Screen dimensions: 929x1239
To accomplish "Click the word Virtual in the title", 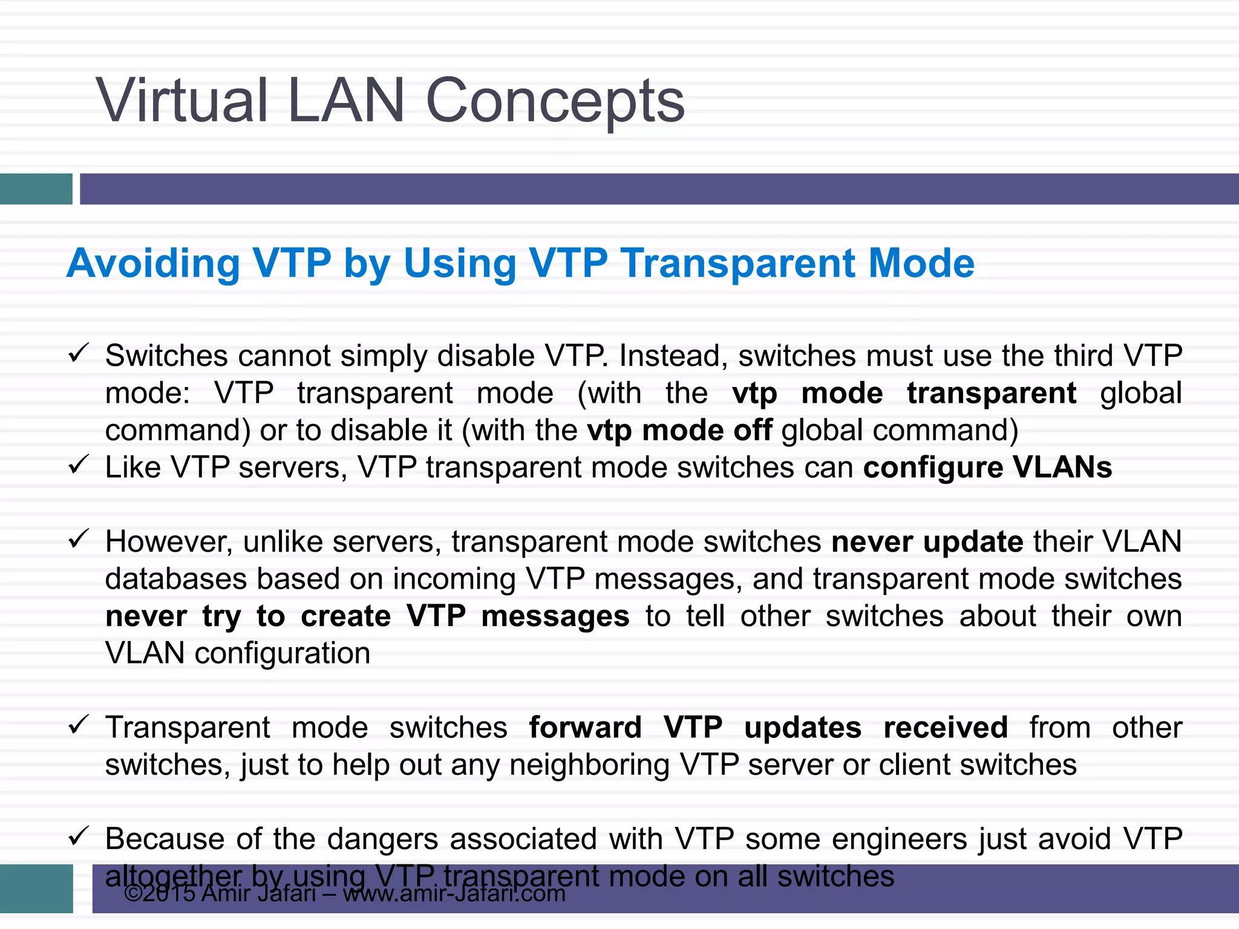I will pos(181,100).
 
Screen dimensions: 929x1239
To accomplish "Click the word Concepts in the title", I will pos(555,102).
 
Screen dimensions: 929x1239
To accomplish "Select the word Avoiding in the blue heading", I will pos(153,264).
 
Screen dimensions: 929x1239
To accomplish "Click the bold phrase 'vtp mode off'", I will pos(679,431).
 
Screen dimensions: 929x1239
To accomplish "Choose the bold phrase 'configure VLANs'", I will pos(987,468).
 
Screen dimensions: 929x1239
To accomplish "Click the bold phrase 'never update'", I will pos(927,542).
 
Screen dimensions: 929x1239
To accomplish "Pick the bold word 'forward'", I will pos(585,728).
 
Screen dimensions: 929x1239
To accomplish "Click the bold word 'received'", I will pos(945,728).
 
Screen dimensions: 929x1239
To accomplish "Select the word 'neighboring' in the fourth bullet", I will pos(589,765).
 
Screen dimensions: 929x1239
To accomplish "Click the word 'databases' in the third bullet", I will pos(176,579).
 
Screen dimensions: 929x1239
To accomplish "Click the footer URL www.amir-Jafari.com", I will pos(454,894).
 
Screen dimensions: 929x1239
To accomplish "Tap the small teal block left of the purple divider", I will pos(36,189).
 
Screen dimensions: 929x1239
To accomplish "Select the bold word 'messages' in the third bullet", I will pos(555,617).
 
